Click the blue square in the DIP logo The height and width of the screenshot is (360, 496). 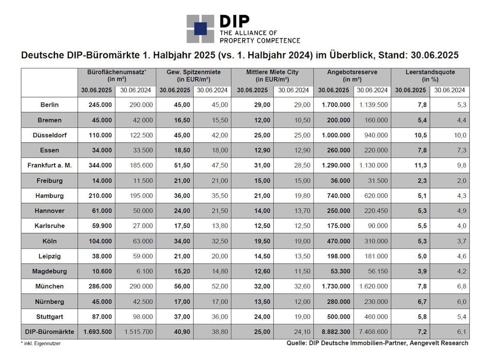(x=200, y=29)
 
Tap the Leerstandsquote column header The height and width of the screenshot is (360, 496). (x=430, y=76)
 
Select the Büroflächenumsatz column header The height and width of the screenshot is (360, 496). (x=117, y=76)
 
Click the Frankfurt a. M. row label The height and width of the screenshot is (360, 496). (x=50, y=165)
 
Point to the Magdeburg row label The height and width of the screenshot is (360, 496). (x=50, y=271)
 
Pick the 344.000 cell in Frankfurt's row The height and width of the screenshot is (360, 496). (x=100, y=165)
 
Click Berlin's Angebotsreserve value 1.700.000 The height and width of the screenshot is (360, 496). (x=336, y=105)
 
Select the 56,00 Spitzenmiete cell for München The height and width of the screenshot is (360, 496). (x=182, y=286)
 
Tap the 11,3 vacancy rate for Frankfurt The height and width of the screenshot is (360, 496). (x=421, y=165)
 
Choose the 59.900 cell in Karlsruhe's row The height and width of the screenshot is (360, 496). (x=102, y=226)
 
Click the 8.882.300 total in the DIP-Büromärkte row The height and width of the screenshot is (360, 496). (x=336, y=332)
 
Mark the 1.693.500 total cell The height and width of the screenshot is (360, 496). (x=97, y=332)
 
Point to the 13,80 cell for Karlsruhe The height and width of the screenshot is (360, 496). (x=220, y=226)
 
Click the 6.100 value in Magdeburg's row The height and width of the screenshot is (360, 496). (x=145, y=271)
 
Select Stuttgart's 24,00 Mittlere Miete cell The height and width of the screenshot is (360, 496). (x=262, y=317)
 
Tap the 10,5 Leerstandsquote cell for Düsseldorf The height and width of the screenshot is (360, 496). (x=421, y=135)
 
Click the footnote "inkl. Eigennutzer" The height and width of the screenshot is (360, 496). (x=42, y=343)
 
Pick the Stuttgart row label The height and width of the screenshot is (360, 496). (x=50, y=317)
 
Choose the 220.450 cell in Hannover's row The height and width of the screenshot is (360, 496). (x=376, y=211)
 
